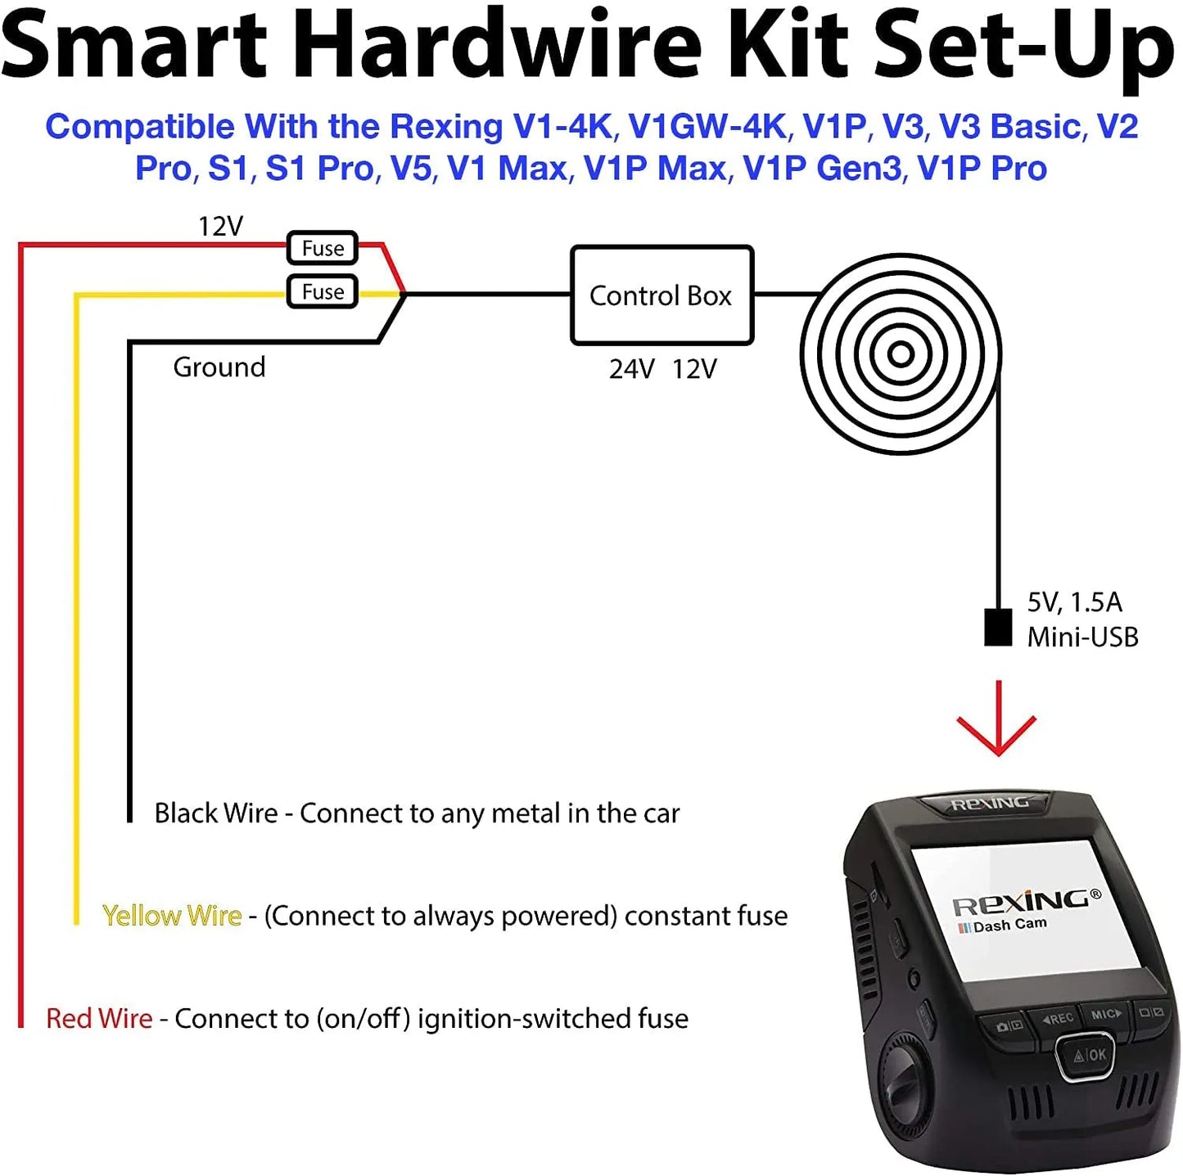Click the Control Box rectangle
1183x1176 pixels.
(661, 295)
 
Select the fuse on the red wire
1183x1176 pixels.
(323, 247)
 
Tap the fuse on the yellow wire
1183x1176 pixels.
(323, 291)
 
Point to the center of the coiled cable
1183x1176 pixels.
(901, 354)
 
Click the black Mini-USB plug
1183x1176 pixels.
(997, 628)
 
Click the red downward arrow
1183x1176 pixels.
(997, 720)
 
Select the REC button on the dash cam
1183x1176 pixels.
(1057, 1018)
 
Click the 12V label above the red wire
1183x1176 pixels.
(220, 226)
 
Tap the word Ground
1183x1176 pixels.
(219, 367)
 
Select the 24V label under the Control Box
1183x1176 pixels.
(631, 369)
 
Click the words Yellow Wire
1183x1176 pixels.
(172, 916)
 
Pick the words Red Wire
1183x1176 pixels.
(99, 1018)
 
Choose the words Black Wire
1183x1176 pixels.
(215, 813)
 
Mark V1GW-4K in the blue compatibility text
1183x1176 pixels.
(707, 127)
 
